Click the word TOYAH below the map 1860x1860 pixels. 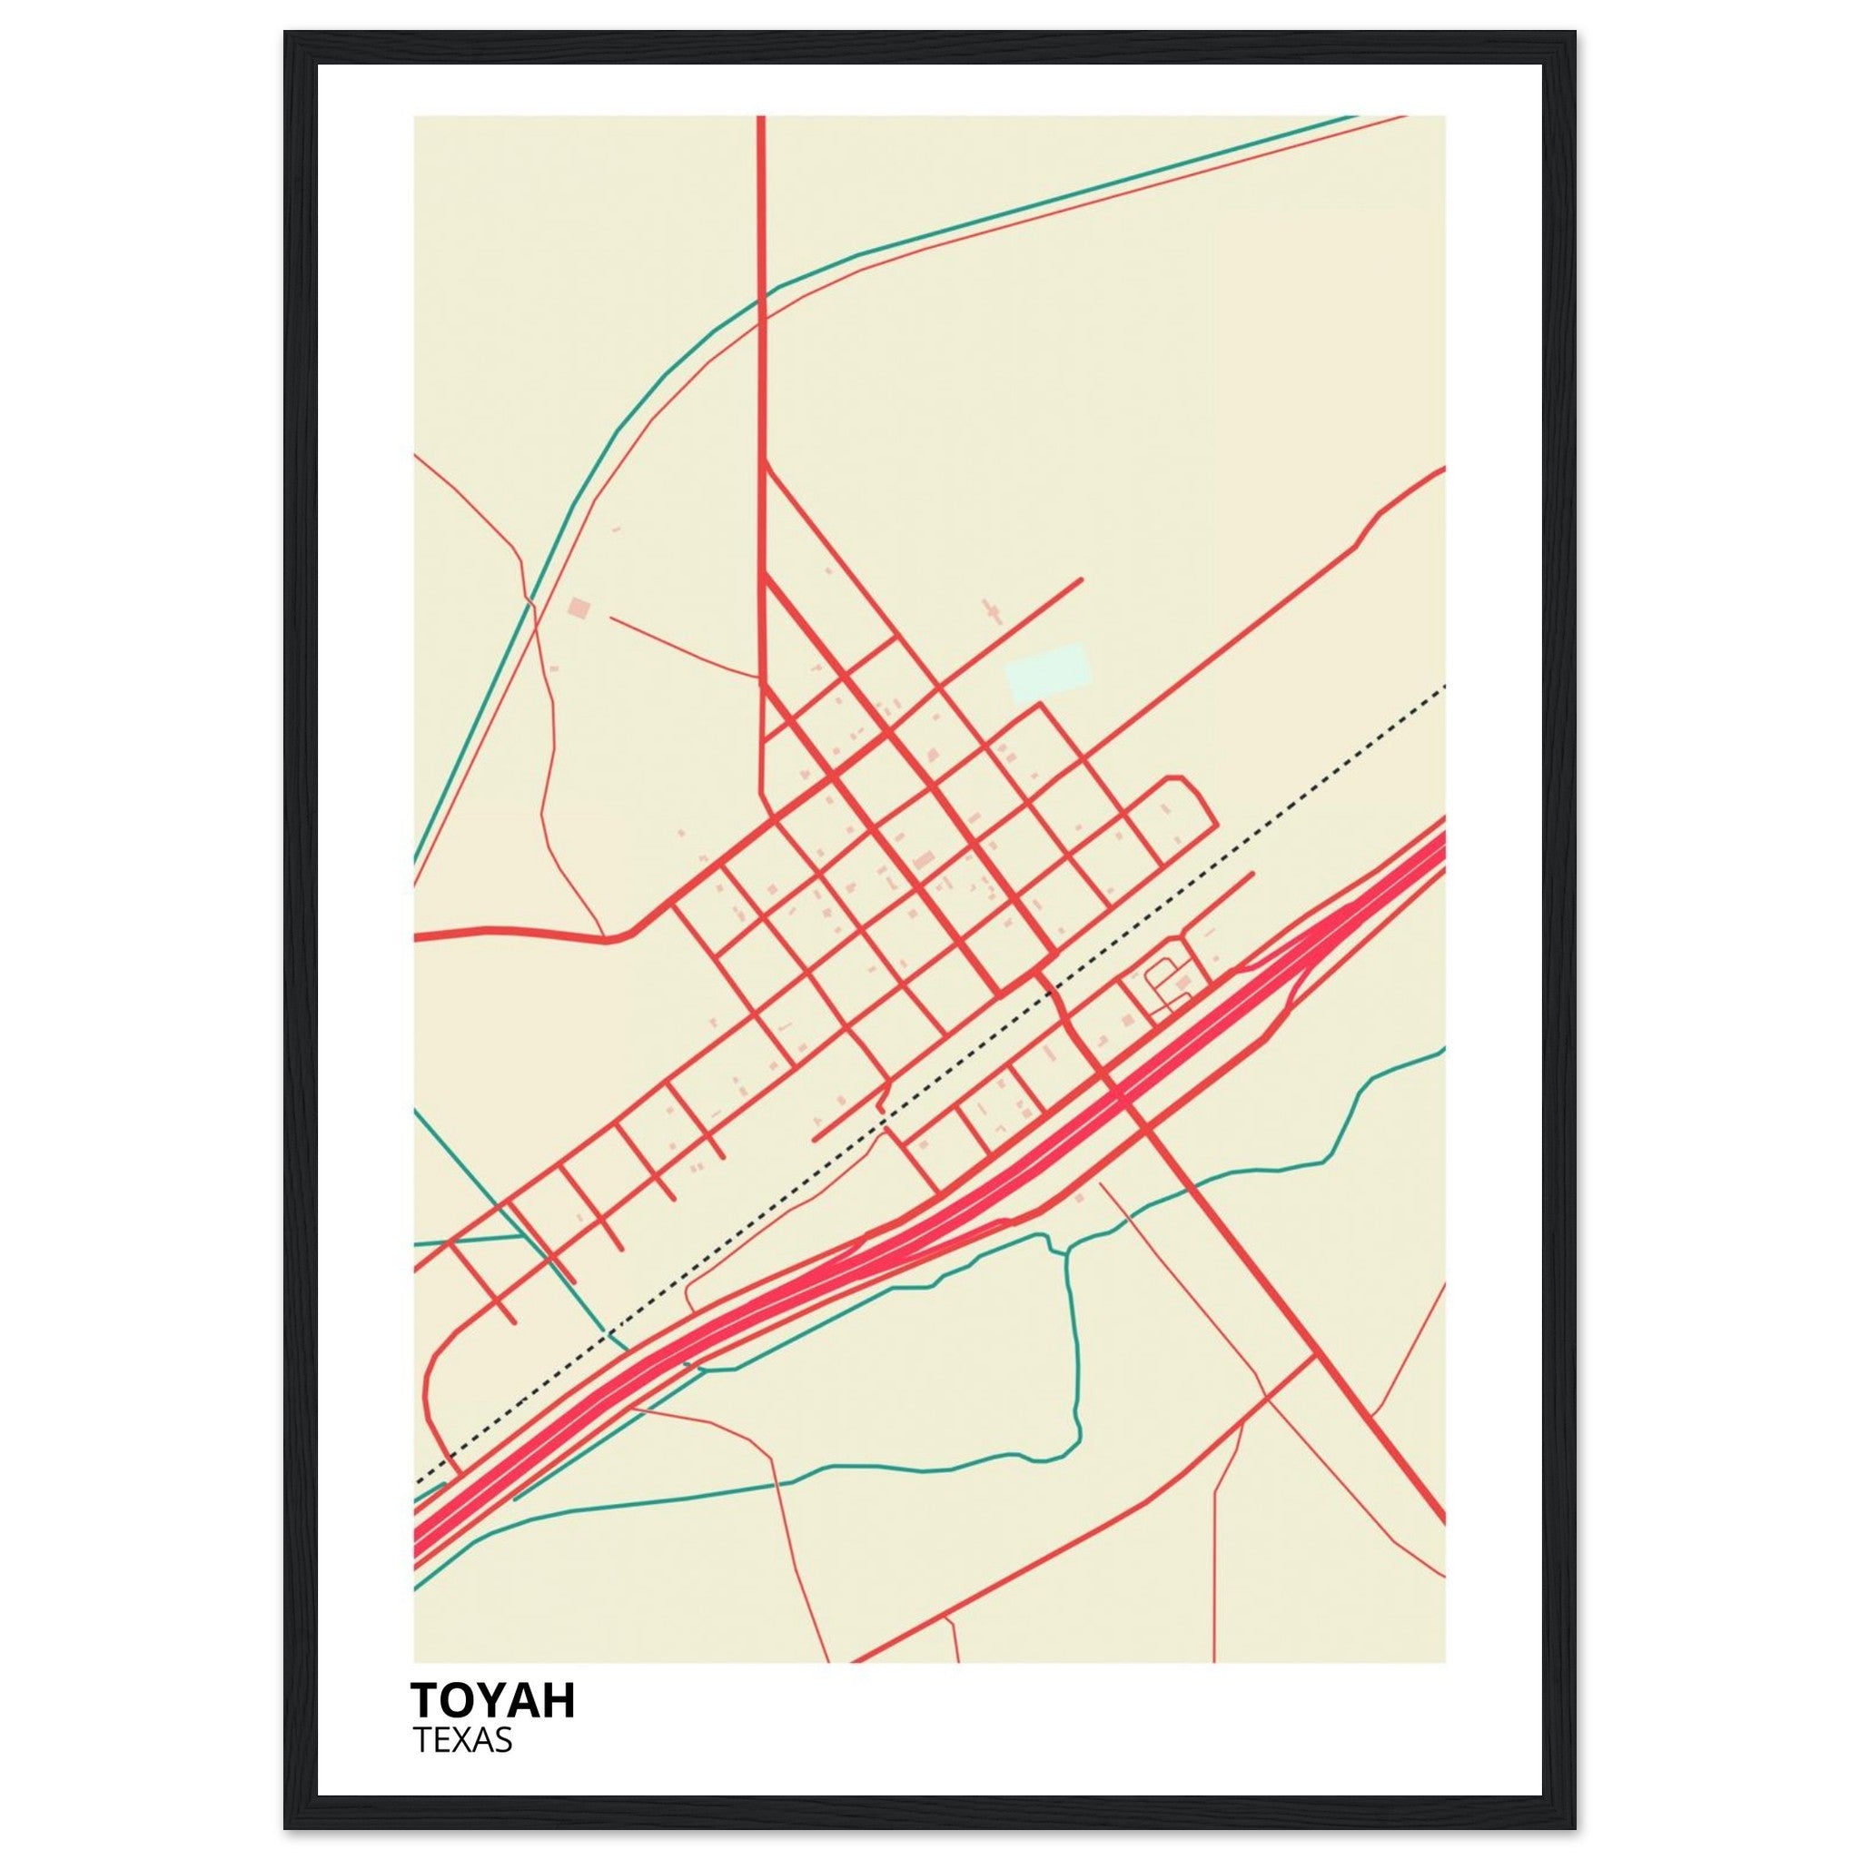point(492,1699)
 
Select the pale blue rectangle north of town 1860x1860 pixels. point(1047,673)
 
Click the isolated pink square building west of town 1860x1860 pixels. point(578,608)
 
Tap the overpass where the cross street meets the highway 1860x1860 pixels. point(1117,1096)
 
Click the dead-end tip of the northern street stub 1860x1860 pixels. point(1081,579)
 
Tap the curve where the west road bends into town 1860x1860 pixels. point(636,930)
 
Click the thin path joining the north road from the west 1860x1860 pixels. point(756,677)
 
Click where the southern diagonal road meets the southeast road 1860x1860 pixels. point(1314,1359)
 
